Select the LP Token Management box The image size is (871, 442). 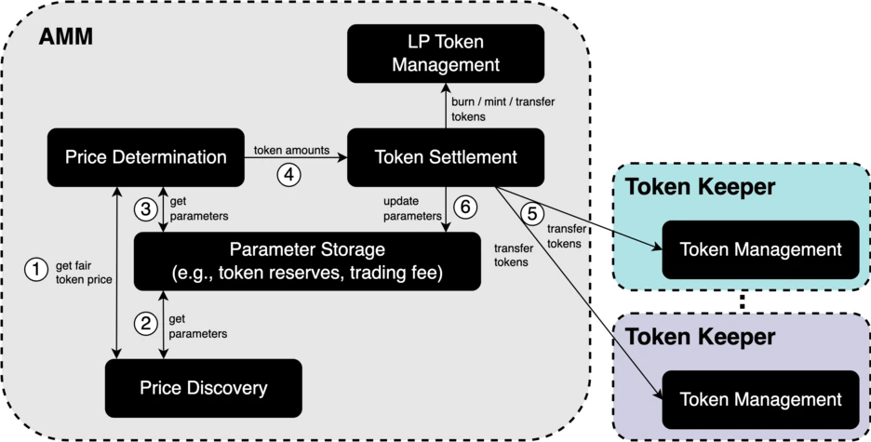point(446,53)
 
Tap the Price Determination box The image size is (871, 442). point(145,157)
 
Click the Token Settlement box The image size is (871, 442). point(446,157)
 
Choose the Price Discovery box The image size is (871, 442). point(203,387)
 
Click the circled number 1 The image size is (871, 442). point(34,270)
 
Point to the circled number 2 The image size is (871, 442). point(145,324)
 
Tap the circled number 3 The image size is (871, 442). point(145,208)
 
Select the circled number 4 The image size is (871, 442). point(288,173)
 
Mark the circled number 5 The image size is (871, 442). point(532,213)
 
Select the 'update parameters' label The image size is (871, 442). point(412,208)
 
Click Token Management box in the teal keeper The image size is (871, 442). point(760,249)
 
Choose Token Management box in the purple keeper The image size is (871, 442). point(760,399)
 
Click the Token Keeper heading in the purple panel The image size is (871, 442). point(700,337)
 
